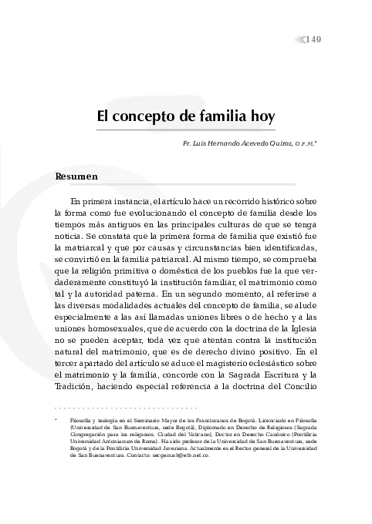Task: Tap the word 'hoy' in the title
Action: click(263, 119)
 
